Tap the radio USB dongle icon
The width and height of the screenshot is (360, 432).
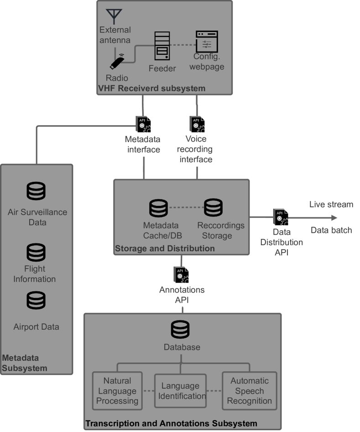click(117, 62)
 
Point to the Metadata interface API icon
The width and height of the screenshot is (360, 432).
click(143, 124)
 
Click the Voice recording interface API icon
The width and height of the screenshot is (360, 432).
click(197, 124)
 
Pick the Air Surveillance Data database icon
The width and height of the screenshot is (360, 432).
click(36, 191)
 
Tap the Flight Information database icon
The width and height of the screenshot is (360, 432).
click(36, 253)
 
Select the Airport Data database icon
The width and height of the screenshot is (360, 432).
click(36, 300)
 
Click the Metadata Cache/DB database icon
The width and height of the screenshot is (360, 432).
click(158, 208)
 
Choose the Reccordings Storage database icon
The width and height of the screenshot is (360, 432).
click(213, 208)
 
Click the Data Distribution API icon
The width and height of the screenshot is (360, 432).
click(281, 217)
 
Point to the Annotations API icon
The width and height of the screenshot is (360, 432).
click(181, 275)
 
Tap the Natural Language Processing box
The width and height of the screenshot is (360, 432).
click(117, 390)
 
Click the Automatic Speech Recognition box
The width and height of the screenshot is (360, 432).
click(249, 390)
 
